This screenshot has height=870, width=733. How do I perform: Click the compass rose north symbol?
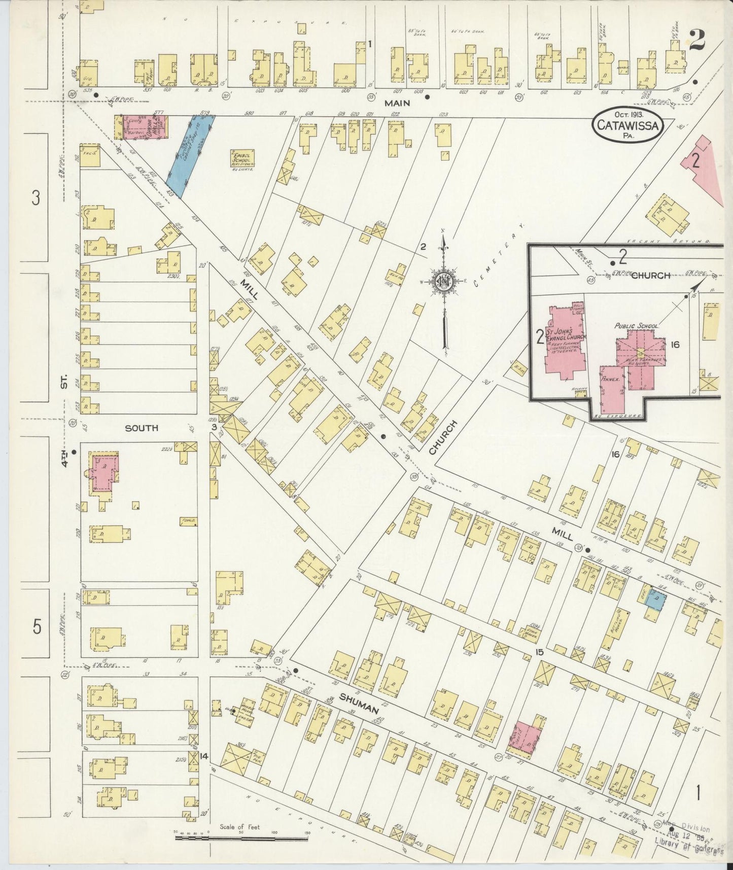[444, 280]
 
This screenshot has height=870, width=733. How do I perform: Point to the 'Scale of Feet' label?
[239, 827]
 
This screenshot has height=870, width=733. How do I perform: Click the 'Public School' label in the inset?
[636, 326]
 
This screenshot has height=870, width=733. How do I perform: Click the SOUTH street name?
[142, 428]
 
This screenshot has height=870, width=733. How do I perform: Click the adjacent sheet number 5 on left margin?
[37, 627]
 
